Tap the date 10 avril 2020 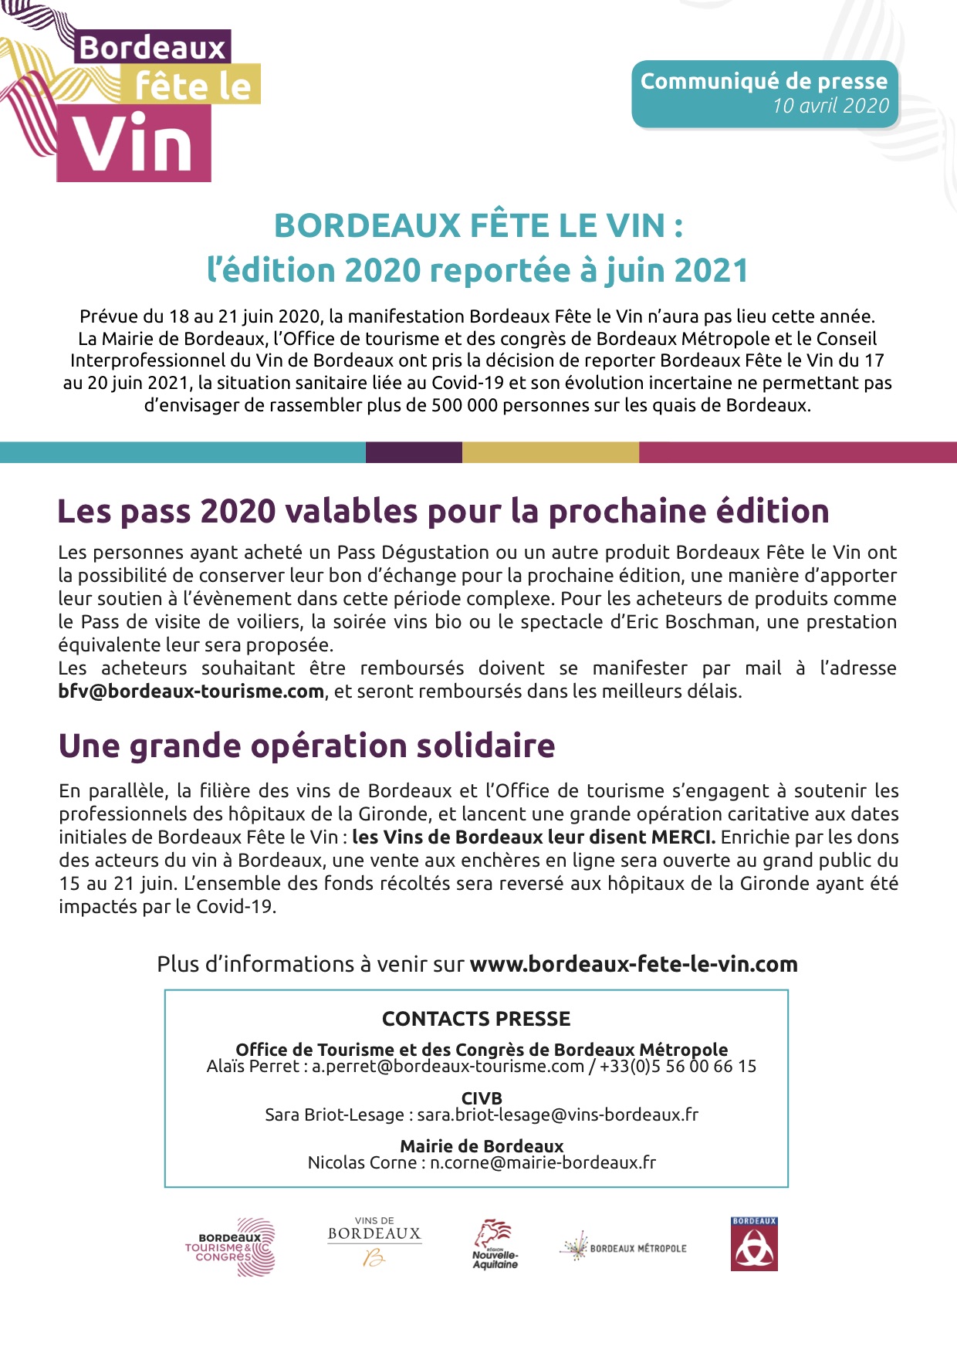click(830, 106)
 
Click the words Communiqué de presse click(763, 81)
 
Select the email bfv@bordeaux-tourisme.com click(191, 692)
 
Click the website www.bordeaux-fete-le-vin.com click(634, 964)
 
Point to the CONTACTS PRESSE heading click(476, 1019)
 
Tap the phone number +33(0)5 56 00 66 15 click(678, 1067)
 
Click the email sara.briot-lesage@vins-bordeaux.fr click(557, 1115)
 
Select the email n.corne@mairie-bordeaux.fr click(543, 1162)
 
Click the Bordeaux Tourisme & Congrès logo click(230, 1246)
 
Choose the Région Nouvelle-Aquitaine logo click(495, 1244)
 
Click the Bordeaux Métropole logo click(623, 1247)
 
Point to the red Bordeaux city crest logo click(754, 1243)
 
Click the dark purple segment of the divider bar click(414, 452)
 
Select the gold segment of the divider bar click(550, 452)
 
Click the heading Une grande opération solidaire click(306, 746)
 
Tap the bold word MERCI click(683, 837)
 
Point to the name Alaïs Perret click(252, 1067)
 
